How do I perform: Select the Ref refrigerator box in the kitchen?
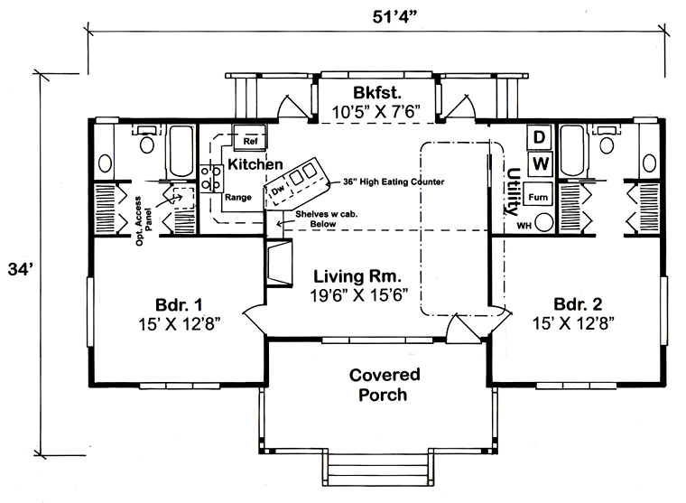click(x=249, y=141)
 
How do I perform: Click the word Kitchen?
click(x=256, y=165)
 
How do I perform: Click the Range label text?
click(x=238, y=197)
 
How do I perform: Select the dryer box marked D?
click(x=539, y=137)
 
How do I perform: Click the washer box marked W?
click(x=539, y=163)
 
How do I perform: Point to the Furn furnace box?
click(x=539, y=196)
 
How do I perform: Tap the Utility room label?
click(x=513, y=186)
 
